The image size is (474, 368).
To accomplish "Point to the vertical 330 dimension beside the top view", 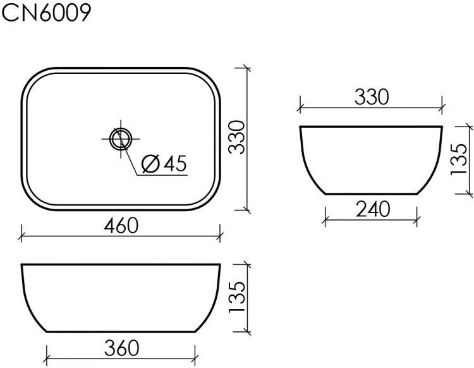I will (236, 138).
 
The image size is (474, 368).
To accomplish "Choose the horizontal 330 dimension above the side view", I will (370, 97).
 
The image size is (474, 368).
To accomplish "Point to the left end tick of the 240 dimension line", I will (325, 219).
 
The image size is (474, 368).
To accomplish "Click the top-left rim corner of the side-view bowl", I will (300, 127).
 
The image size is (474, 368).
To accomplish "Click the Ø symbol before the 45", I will (150, 164).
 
